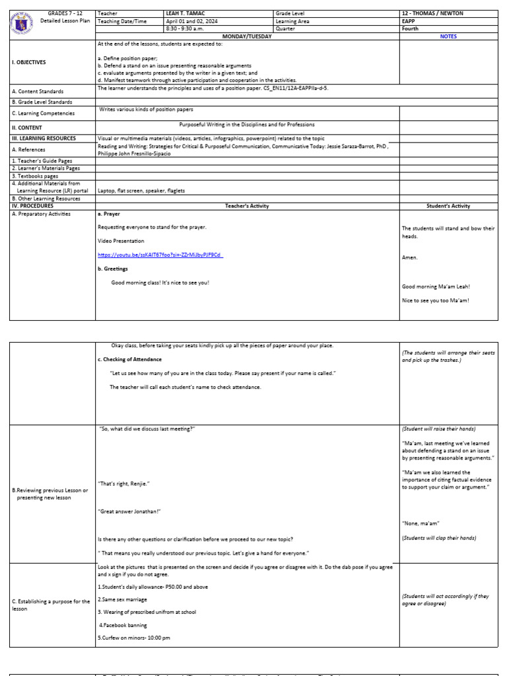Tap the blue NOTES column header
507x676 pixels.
click(448, 36)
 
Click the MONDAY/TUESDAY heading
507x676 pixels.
click(247, 36)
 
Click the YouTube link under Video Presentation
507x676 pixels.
click(160, 255)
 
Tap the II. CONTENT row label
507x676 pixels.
click(27, 128)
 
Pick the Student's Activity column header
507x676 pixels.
click(448, 206)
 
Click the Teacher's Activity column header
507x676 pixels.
click(247, 206)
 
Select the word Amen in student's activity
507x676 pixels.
click(410, 257)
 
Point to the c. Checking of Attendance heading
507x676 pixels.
click(129, 359)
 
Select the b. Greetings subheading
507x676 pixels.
click(113, 269)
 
